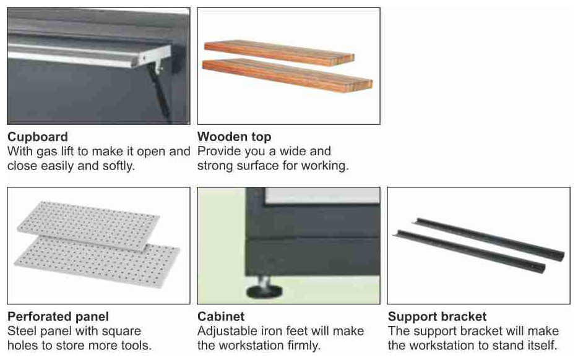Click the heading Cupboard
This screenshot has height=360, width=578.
click(38, 137)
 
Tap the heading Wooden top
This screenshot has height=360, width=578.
click(235, 137)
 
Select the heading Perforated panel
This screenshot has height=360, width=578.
click(58, 317)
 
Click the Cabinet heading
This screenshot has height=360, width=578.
click(221, 317)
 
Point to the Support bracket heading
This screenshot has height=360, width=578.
click(437, 317)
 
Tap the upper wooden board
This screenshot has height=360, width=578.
click(279, 53)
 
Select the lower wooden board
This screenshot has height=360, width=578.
click(288, 75)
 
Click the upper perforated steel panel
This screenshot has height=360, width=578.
click(88, 225)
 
